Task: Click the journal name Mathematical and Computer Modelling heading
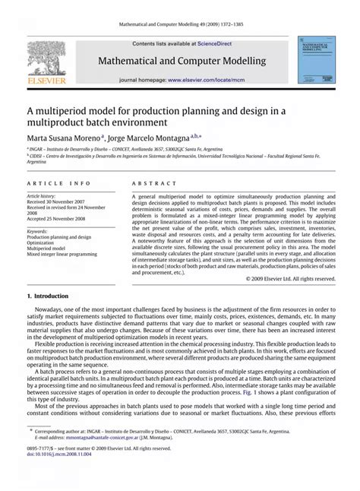(x=180, y=61)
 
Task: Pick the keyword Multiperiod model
(x=48, y=249)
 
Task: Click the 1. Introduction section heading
(x=47, y=295)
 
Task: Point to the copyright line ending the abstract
(x=291, y=279)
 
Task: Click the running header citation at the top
(x=180, y=24)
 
